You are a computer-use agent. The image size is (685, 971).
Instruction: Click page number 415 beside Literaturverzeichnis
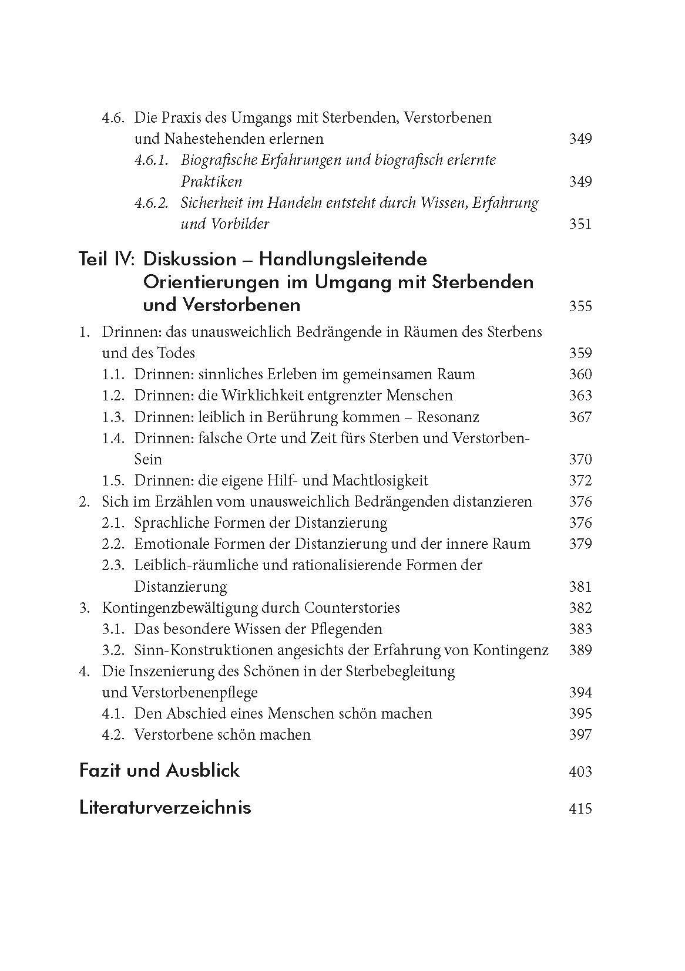point(580,808)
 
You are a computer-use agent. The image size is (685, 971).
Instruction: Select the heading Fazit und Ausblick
point(159,770)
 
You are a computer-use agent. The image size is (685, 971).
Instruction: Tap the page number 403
point(580,771)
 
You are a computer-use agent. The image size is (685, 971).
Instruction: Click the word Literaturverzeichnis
point(164,807)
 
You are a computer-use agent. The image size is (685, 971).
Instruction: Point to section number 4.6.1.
point(151,160)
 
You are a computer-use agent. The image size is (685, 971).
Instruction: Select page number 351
point(580,224)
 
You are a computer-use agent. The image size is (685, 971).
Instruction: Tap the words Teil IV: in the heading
point(108,259)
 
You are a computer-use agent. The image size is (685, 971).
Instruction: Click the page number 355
point(580,306)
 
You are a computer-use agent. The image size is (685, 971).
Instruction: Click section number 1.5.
point(113,480)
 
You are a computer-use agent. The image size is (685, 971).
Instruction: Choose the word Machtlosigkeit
point(380,480)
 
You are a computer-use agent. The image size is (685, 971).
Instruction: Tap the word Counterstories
point(352,608)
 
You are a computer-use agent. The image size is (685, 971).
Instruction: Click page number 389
point(580,650)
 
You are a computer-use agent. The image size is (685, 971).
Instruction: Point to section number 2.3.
point(113,565)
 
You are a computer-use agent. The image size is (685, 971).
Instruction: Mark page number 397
point(580,734)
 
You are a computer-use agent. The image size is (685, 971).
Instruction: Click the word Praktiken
point(211,181)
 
